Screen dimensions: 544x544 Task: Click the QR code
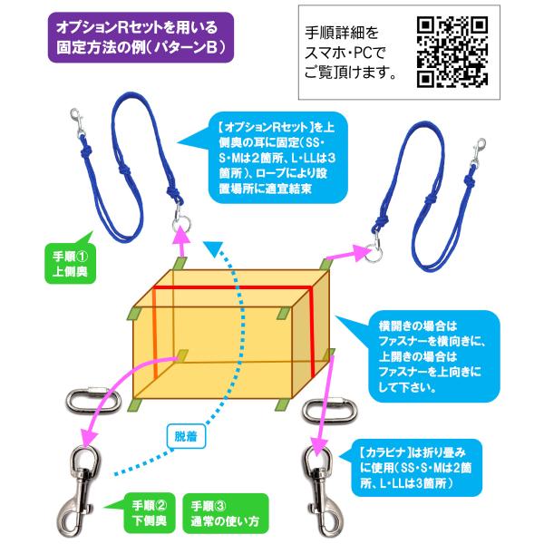[452, 52]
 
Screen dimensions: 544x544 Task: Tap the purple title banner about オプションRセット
[141, 37]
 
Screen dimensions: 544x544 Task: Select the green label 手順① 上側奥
[71, 264]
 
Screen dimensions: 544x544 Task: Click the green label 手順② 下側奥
[150, 513]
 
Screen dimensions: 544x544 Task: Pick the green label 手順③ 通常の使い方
[225, 513]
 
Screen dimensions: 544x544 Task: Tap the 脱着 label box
[186, 436]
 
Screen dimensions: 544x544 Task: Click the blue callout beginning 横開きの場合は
[433, 356]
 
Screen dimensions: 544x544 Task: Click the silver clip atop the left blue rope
[78, 122]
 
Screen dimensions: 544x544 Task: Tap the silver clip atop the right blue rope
[479, 151]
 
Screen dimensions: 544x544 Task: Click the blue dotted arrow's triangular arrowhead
[213, 248]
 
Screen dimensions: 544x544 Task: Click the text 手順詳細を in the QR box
[342, 33]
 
